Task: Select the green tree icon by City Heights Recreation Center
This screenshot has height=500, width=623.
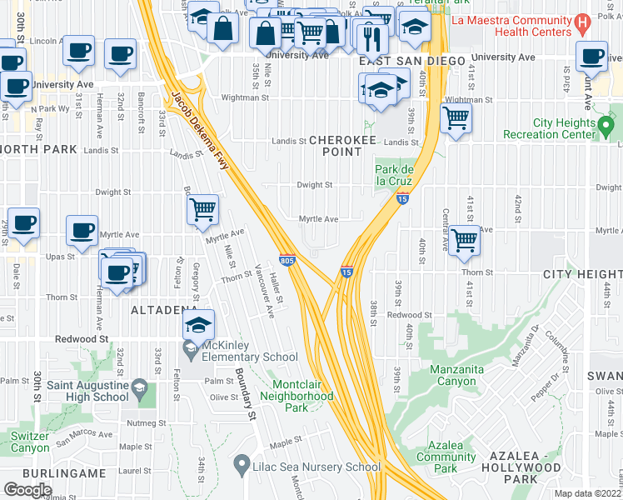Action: point(606,127)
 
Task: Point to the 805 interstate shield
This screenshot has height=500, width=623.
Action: point(287,261)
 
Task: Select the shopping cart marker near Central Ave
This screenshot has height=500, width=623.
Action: point(465,241)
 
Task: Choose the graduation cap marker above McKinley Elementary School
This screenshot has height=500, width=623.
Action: point(199,324)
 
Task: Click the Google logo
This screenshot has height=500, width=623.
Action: point(27,489)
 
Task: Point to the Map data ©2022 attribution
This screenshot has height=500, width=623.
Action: point(587,493)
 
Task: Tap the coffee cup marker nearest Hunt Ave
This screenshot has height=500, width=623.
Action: point(592,57)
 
